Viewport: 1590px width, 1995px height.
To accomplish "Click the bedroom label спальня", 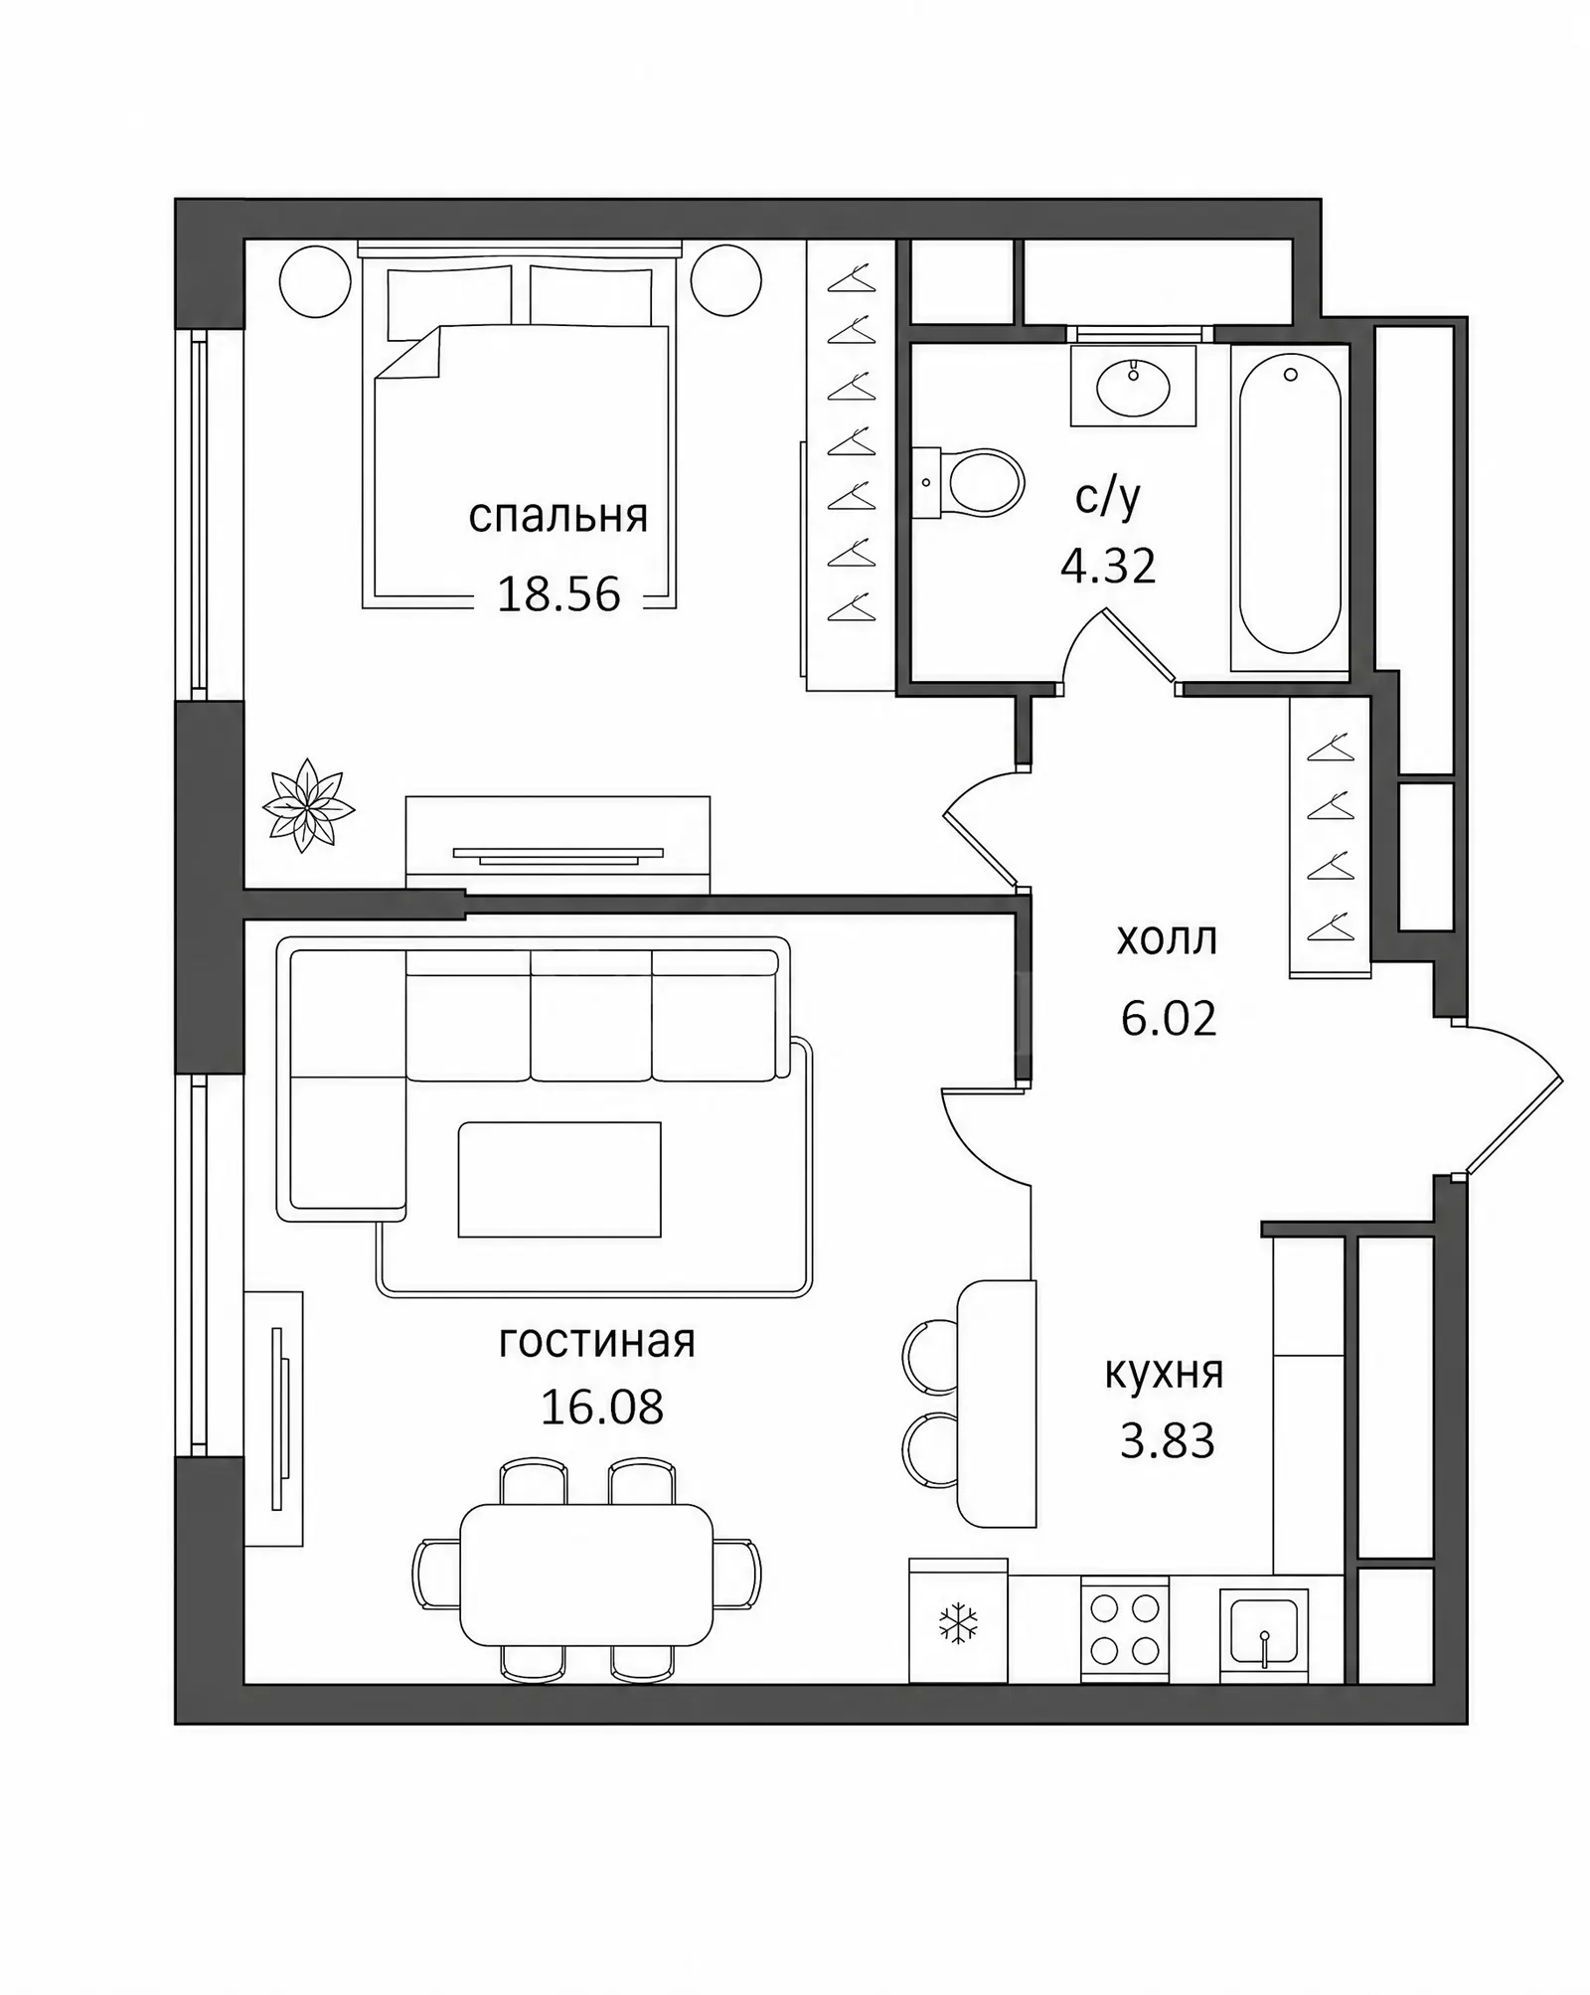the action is point(557,518).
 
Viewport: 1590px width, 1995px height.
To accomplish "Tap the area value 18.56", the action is point(558,594).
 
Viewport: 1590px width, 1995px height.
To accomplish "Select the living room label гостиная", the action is point(597,1342).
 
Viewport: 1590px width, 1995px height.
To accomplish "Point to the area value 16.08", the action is point(601,1407).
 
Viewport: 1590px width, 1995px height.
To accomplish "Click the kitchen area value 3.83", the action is point(1168,1441).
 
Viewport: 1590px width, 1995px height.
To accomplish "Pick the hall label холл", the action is point(1167,939).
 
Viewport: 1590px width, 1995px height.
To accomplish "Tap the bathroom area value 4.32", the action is point(1108,568).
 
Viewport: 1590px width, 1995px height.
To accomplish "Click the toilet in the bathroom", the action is point(969,483).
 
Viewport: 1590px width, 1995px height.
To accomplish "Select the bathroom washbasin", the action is point(1133,386).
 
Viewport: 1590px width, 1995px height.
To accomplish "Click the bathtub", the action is point(1290,507).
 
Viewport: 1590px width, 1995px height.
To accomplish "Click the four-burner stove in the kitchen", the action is point(1125,1629).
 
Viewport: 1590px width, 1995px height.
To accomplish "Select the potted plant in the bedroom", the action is point(308,805).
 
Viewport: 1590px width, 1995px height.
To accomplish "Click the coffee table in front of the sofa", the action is point(559,1180).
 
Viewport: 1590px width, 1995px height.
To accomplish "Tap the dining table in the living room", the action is point(587,1575).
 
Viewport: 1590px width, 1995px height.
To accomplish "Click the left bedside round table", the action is point(316,281).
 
